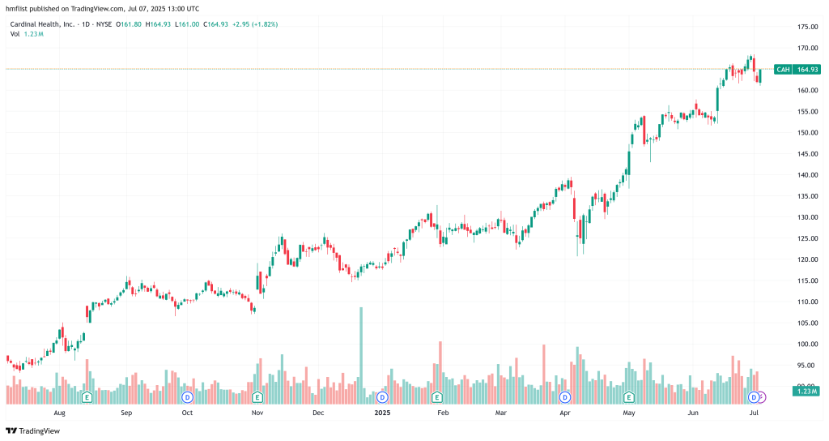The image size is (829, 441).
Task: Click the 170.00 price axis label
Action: pos(805,48)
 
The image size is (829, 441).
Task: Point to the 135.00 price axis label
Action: pos(805,196)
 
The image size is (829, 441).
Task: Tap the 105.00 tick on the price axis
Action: pos(805,323)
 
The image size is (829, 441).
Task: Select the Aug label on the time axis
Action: pos(59,413)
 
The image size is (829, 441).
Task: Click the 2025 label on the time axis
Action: pos(383,413)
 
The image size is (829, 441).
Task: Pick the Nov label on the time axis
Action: pos(257,413)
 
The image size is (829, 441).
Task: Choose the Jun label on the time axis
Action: pos(693,413)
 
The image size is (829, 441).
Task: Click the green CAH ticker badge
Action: pos(783,70)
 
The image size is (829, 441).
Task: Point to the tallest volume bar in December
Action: pos(361,349)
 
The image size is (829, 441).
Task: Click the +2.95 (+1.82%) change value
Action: pos(255,24)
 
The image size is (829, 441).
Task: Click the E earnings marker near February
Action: pos(437,397)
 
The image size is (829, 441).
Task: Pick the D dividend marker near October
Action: pos(187,397)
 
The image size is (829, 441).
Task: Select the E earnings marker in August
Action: pos(87,397)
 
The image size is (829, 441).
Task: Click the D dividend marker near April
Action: pos(565,397)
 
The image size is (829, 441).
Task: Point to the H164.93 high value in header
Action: pos(161,24)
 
